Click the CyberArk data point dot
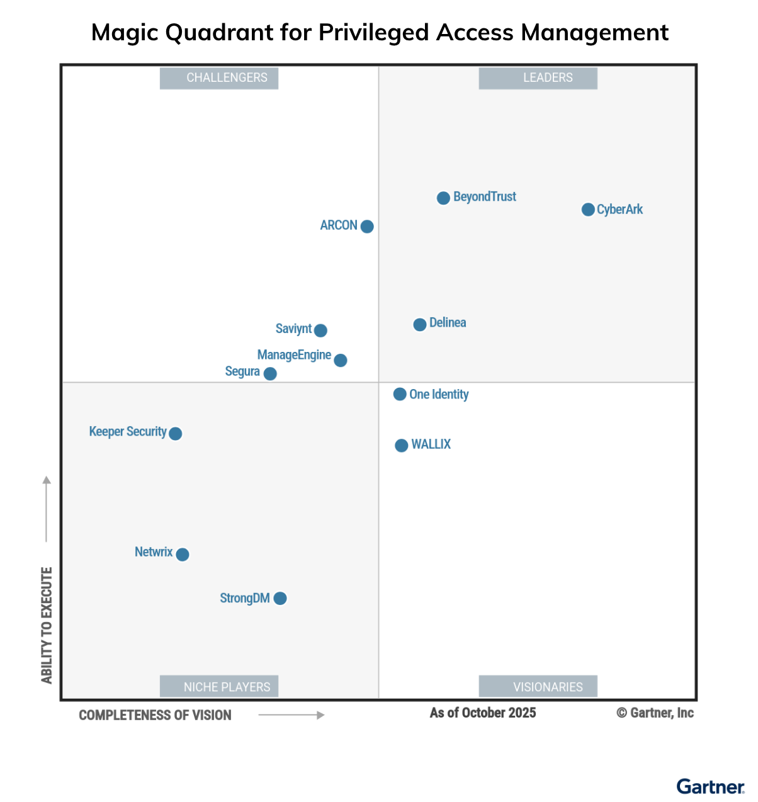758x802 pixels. click(588, 210)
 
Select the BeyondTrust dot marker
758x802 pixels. click(443, 198)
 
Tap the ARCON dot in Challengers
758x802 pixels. click(367, 227)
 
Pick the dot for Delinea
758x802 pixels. click(420, 325)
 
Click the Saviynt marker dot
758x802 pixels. click(320, 330)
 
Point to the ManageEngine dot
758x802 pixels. click(341, 360)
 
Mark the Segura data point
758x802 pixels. click(270, 374)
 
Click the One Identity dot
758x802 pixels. click(400, 394)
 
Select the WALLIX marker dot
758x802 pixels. click(401, 446)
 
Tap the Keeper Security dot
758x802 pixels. click(176, 434)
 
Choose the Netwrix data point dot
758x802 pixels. click(183, 555)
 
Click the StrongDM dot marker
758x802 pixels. click(280, 599)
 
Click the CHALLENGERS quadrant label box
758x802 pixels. click(219, 78)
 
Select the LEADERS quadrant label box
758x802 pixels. click(538, 78)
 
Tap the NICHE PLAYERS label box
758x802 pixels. click(219, 686)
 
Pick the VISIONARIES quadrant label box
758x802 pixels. click(538, 686)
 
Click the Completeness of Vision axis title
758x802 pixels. click(155, 715)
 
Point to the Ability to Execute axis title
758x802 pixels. click(47, 625)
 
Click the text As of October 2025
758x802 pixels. click(483, 713)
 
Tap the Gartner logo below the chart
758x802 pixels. click(710, 787)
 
